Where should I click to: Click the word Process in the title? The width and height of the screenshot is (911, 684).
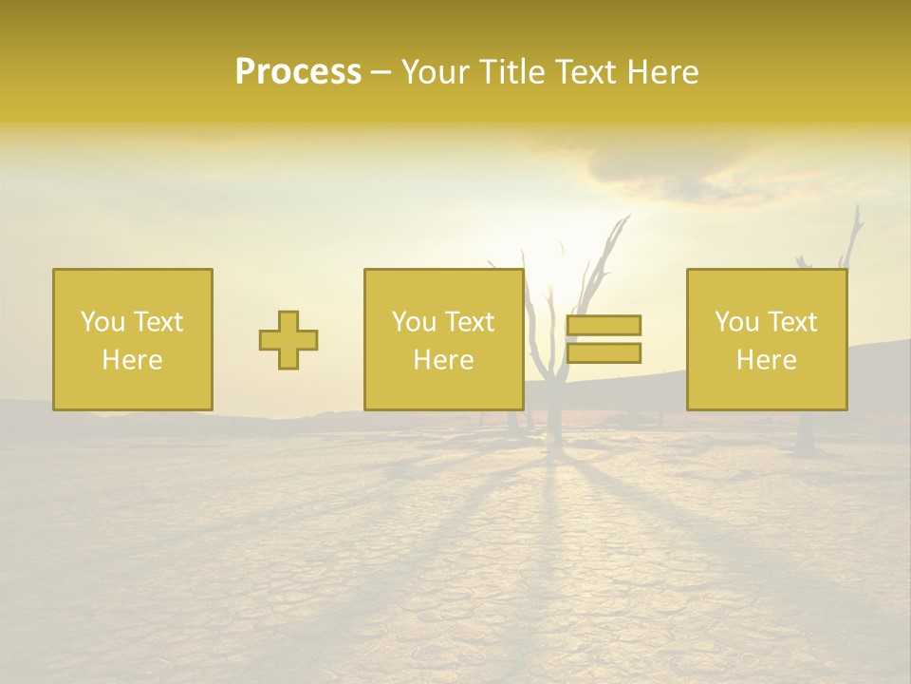(298, 72)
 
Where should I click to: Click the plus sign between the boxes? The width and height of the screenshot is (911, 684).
(288, 340)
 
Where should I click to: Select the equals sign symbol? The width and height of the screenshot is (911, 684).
(604, 339)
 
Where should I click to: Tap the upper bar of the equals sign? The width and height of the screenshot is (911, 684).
(604, 326)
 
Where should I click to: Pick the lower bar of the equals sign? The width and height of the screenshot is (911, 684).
(604, 352)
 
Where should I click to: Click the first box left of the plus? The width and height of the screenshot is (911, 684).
(133, 339)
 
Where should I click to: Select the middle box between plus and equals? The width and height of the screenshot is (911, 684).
(444, 339)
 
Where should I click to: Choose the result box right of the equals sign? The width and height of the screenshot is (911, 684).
(767, 339)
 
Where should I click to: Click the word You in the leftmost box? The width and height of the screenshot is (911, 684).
(102, 322)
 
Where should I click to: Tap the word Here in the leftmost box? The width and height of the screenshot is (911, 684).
(133, 360)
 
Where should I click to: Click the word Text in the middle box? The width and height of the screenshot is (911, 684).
(470, 322)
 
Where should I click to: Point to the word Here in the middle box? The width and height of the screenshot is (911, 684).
(444, 360)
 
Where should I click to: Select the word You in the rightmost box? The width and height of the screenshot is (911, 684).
(736, 322)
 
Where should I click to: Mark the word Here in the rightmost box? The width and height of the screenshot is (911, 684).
(767, 360)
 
